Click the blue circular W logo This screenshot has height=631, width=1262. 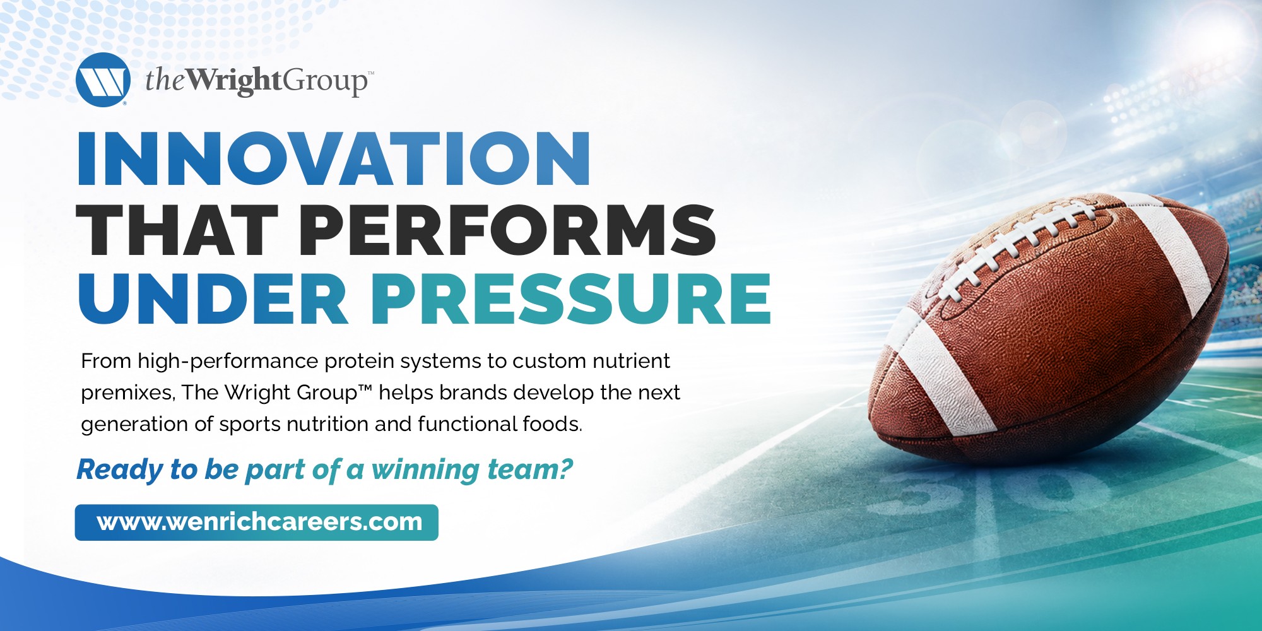(103, 80)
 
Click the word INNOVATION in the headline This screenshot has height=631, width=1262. (334, 158)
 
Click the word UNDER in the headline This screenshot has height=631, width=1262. (213, 298)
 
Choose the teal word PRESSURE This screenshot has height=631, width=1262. (571, 298)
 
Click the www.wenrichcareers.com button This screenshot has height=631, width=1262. (256, 522)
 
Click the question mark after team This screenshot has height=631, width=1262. (565, 469)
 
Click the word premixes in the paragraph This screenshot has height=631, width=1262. (127, 393)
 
